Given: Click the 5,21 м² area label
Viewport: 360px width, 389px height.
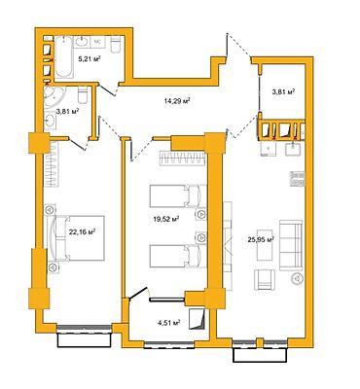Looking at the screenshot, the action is tap(89, 58).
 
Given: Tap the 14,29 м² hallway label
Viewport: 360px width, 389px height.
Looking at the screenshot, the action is tap(177, 101).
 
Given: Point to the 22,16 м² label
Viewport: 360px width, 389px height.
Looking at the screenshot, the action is tap(82, 231).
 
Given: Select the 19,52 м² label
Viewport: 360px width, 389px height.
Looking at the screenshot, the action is tap(166, 220).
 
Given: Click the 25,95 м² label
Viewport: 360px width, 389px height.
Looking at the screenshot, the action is tap(261, 240).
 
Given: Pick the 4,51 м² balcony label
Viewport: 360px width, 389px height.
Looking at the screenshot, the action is tap(168, 323).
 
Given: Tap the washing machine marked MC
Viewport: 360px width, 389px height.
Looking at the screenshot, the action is tap(97, 42).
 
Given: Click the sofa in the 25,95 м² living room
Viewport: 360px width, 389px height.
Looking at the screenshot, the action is tap(292, 245).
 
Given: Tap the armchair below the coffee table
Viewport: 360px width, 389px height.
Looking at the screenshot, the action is tap(266, 280).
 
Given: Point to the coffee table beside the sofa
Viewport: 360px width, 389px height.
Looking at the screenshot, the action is tap(265, 244).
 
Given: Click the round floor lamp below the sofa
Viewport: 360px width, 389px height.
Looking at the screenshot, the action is tap(297, 278).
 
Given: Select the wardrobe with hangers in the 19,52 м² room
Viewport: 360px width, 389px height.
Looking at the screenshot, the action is tap(182, 159).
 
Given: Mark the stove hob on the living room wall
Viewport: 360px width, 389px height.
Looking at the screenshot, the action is tap(297, 179).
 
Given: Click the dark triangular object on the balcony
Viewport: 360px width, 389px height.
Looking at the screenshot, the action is tap(198, 319).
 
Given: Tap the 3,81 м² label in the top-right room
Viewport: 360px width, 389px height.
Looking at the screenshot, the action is tap(283, 91).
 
